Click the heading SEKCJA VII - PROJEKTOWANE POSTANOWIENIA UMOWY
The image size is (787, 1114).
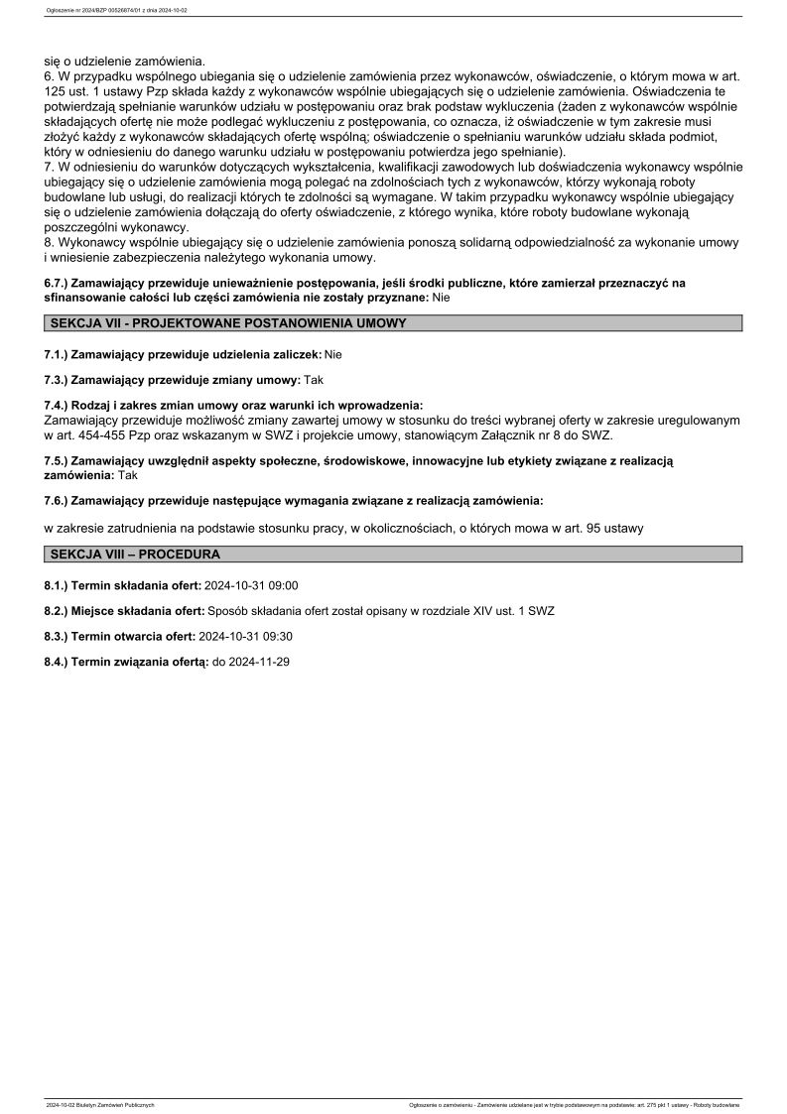(x=227, y=323)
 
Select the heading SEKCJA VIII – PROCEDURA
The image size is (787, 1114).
(x=134, y=554)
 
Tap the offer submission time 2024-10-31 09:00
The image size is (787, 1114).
(x=251, y=586)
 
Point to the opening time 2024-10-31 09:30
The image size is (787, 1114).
(x=245, y=637)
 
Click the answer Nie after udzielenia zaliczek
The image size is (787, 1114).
(x=333, y=354)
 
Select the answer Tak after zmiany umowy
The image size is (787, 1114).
(x=314, y=380)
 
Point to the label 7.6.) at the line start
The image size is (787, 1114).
(x=58, y=501)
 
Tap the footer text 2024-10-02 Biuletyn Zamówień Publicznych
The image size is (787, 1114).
(x=100, y=1104)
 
